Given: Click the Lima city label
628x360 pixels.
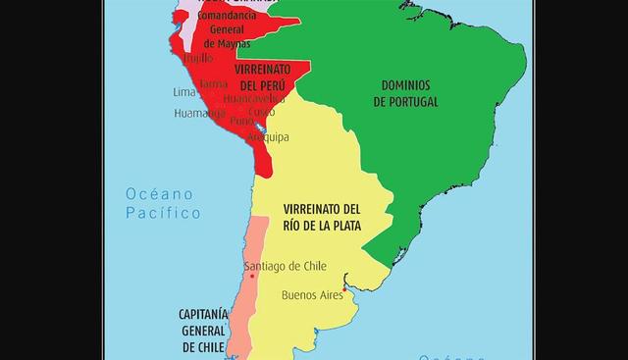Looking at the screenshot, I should coord(184,92).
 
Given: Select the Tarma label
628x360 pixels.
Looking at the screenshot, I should coord(213,84).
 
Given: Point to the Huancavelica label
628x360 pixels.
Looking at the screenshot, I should coord(254,99).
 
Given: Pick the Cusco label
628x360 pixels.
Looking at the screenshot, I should coord(262,112).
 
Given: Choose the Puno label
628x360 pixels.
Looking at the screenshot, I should coord(241,123).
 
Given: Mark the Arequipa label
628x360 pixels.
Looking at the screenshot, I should coord(268,137).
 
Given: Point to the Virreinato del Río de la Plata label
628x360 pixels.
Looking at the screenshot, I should coord(321,218).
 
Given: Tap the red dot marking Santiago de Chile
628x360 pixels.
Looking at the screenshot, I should coord(253,277).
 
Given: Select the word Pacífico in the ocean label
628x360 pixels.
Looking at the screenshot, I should coord(163,213).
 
